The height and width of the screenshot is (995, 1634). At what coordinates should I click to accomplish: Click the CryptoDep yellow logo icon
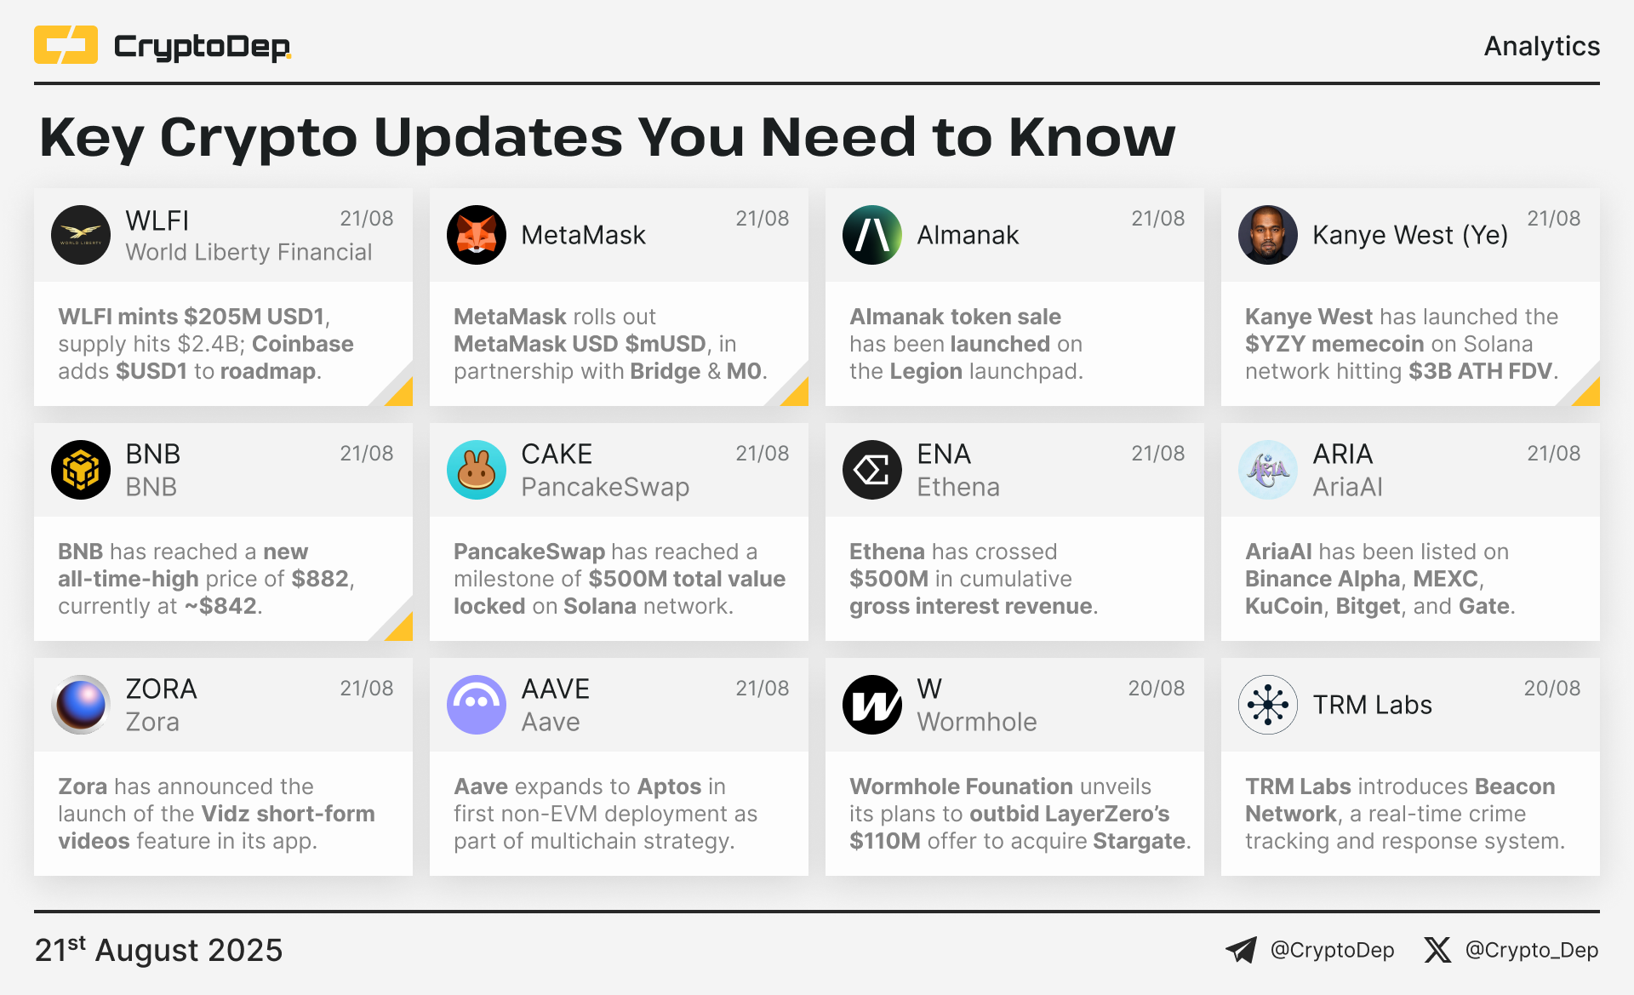click(x=66, y=45)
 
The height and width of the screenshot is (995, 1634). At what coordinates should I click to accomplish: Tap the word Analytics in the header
click(x=1541, y=46)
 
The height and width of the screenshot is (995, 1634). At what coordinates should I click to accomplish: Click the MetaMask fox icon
click(x=477, y=235)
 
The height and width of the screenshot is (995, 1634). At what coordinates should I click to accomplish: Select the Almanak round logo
click(x=872, y=235)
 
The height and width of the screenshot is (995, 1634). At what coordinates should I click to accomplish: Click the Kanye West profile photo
click(x=1268, y=235)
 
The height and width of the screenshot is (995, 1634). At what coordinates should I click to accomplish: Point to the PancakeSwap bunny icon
click(x=477, y=470)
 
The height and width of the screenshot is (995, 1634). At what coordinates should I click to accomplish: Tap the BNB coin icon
click(x=81, y=470)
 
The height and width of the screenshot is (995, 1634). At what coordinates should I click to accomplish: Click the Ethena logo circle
click(x=872, y=470)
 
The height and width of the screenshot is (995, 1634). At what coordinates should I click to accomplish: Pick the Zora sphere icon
click(x=81, y=705)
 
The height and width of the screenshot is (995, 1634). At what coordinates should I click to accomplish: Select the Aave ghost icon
click(x=477, y=705)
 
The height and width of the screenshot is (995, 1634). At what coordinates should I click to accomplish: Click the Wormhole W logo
click(x=872, y=705)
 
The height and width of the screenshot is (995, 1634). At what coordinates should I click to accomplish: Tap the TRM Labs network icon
click(x=1268, y=705)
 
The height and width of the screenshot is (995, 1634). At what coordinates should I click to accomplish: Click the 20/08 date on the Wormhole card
click(x=1157, y=689)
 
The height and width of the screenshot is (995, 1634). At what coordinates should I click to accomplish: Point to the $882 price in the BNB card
click(x=320, y=580)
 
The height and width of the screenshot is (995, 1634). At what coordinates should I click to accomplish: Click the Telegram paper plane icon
click(x=1241, y=950)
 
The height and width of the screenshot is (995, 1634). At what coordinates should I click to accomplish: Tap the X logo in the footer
click(x=1437, y=950)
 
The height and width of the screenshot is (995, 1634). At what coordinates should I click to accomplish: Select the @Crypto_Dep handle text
click(x=1532, y=950)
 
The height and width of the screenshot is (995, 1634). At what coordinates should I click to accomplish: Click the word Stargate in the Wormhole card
click(x=1139, y=841)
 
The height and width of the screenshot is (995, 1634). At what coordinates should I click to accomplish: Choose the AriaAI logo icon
click(x=1268, y=470)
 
